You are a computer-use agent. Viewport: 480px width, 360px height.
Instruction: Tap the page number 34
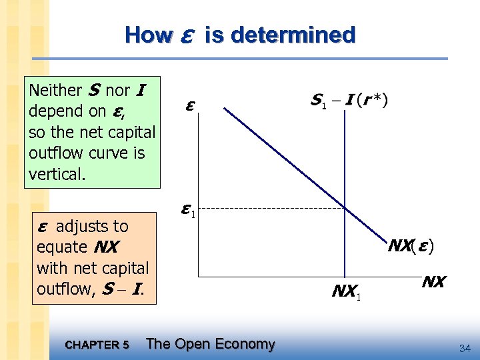[x=465, y=347]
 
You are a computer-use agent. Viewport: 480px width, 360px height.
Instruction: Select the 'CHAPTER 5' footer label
[x=97, y=345]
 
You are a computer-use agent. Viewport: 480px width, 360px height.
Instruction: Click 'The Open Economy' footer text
[x=210, y=344]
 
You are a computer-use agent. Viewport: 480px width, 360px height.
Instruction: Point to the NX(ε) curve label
[x=412, y=246]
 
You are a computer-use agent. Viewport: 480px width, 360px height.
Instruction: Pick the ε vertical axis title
[x=191, y=107]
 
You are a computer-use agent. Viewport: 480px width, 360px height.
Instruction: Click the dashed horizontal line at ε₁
[x=267, y=209]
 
